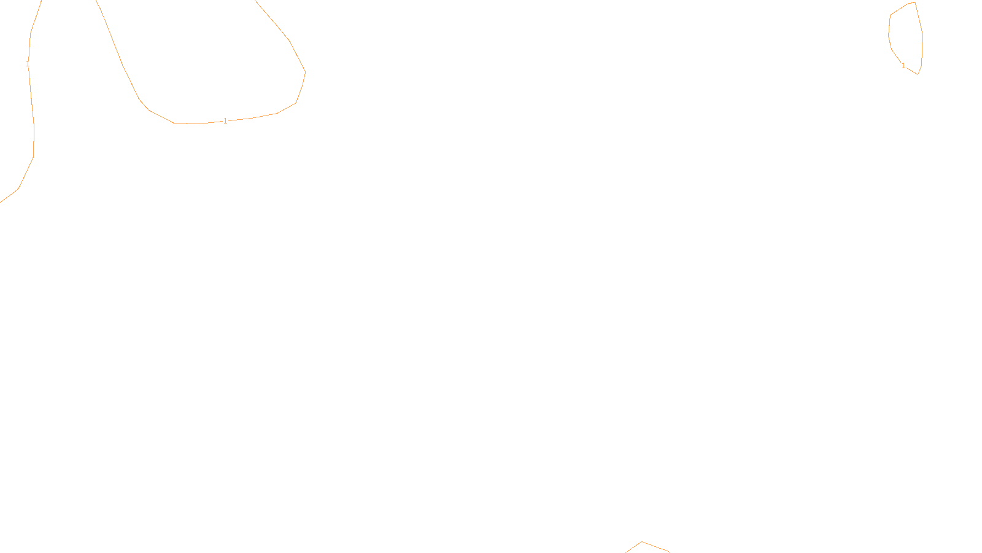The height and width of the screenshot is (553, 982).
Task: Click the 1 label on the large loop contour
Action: click(x=225, y=121)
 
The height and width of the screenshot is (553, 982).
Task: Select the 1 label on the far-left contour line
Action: click(x=28, y=64)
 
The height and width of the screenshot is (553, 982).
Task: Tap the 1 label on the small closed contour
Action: click(x=903, y=66)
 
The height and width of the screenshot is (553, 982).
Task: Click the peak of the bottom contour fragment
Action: click(x=642, y=542)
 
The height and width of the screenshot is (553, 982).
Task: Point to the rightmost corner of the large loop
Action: click(x=305, y=73)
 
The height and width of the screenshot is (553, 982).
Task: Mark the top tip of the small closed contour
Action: click(x=914, y=2)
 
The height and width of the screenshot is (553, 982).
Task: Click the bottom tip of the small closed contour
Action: click(x=918, y=74)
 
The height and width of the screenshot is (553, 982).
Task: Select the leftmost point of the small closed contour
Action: click(x=889, y=34)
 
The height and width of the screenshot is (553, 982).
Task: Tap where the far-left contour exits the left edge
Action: click(x=1, y=202)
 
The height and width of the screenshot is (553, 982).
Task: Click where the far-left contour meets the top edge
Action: click(x=41, y=1)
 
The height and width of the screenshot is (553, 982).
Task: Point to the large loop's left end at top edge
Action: click(x=97, y=1)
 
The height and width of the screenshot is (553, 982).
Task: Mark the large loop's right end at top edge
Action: click(x=255, y=1)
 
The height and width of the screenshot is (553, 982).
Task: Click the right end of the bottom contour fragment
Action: click(x=670, y=552)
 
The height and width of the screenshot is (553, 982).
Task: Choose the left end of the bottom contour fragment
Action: click(x=626, y=552)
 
